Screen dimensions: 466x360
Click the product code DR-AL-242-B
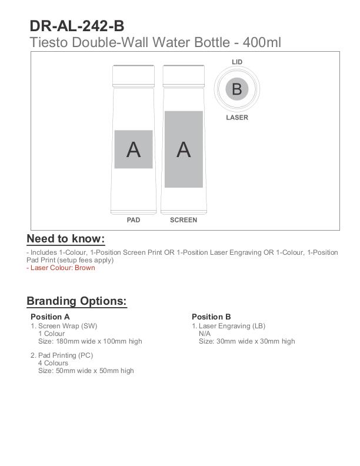(x=76, y=26)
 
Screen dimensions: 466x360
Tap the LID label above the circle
(x=237, y=62)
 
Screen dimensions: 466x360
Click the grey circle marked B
(x=237, y=89)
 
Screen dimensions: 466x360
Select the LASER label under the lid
(x=237, y=118)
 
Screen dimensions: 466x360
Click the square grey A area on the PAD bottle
(x=134, y=149)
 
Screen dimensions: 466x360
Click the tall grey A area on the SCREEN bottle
(x=184, y=149)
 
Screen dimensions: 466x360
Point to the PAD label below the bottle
(x=134, y=220)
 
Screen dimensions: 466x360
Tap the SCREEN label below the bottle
(x=184, y=220)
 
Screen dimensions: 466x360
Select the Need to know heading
(x=65, y=239)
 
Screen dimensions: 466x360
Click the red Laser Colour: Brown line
(x=61, y=268)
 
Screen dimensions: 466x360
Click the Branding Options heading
(x=76, y=301)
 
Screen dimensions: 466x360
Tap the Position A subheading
(x=50, y=317)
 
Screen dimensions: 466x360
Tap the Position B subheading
(x=211, y=317)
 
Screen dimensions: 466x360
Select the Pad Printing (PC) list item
(x=65, y=355)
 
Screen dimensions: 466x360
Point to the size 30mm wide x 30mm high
(x=246, y=341)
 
